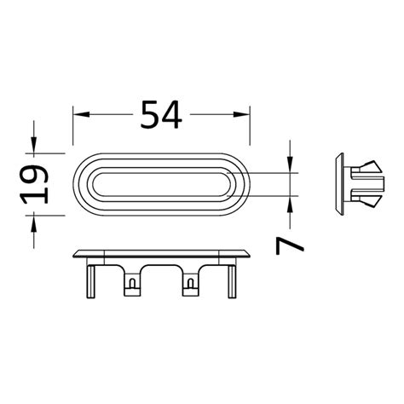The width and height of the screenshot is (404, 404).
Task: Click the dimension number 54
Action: (x=162, y=113)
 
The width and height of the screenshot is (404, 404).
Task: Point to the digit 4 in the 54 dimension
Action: (x=173, y=113)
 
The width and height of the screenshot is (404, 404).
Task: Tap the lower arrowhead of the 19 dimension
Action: (x=35, y=220)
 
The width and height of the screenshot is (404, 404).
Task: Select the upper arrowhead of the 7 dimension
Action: (x=291, y=166)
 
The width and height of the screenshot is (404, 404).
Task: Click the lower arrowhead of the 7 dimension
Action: (x=291, y=205)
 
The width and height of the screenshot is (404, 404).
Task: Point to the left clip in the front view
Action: (x=132, y=284)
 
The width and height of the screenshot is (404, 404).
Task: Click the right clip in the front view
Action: (x=190, y=284)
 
